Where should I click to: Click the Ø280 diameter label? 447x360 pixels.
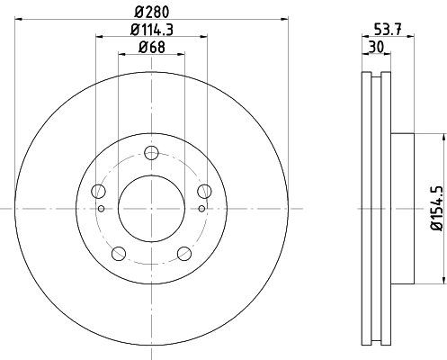tap(151, 10)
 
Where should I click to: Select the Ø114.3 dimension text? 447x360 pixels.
tap(151, 31)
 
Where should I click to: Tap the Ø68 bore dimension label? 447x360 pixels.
tap(151, 49)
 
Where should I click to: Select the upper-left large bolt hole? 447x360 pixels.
tap(98, 190)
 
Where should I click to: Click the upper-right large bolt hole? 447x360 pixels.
tap(204, 190)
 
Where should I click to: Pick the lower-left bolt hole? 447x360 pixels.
tap(118, 252)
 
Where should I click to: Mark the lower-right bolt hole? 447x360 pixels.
tap(184, 252)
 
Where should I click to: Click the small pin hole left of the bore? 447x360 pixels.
tap(102, 209)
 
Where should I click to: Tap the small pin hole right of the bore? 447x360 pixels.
tap(201, 209)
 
